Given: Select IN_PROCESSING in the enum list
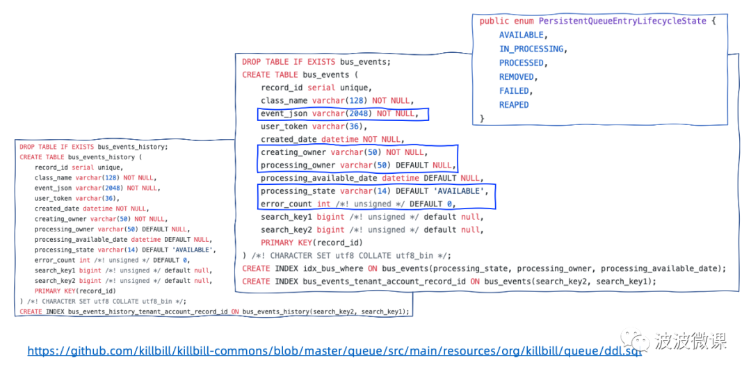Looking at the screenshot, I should tap(531, 49).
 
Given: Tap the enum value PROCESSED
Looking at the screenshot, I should tap(522, 63).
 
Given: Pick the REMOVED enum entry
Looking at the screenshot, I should tap(517, 76).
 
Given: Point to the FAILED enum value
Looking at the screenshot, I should tap(514, 90).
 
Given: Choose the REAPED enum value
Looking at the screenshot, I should tap(514, 104).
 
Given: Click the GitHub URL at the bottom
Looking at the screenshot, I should tap(334, 352).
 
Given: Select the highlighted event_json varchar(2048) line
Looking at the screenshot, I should tap(344, 113).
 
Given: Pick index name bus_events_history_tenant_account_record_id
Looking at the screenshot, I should tap(150, 311).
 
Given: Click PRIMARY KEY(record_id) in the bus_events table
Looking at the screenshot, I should tap(312, 243).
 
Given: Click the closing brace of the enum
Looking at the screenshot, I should tap(482, 118).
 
